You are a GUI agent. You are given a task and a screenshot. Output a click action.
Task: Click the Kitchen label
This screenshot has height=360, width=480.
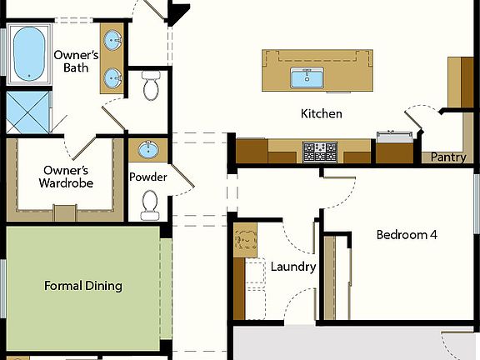tap(322, 113)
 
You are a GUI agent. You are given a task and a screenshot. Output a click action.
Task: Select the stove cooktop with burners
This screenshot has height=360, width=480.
tap(319, 152)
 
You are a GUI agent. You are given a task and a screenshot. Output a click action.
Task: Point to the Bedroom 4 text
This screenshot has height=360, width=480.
tap(407, 235)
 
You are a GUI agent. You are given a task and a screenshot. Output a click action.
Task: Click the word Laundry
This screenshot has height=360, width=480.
tap(293, 267)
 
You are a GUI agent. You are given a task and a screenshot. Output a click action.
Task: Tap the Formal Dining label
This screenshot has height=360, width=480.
tap(83, 286)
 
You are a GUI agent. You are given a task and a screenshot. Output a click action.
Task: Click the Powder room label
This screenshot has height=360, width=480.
tap(148, 177)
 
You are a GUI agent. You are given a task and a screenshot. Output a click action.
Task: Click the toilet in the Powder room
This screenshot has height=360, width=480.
tap(150, 205)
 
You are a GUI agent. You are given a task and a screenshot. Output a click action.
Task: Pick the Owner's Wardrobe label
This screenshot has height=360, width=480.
tap(68, 177)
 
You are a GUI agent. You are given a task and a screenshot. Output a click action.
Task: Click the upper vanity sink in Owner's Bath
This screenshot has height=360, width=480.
tap(112, 38)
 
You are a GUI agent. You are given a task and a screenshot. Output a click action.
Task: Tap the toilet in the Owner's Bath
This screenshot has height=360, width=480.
tap(151, 86)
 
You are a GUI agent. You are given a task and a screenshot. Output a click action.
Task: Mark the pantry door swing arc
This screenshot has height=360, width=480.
tap(420, 114)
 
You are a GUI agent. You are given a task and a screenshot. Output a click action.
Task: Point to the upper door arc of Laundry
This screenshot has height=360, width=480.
tap(296, 237)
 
